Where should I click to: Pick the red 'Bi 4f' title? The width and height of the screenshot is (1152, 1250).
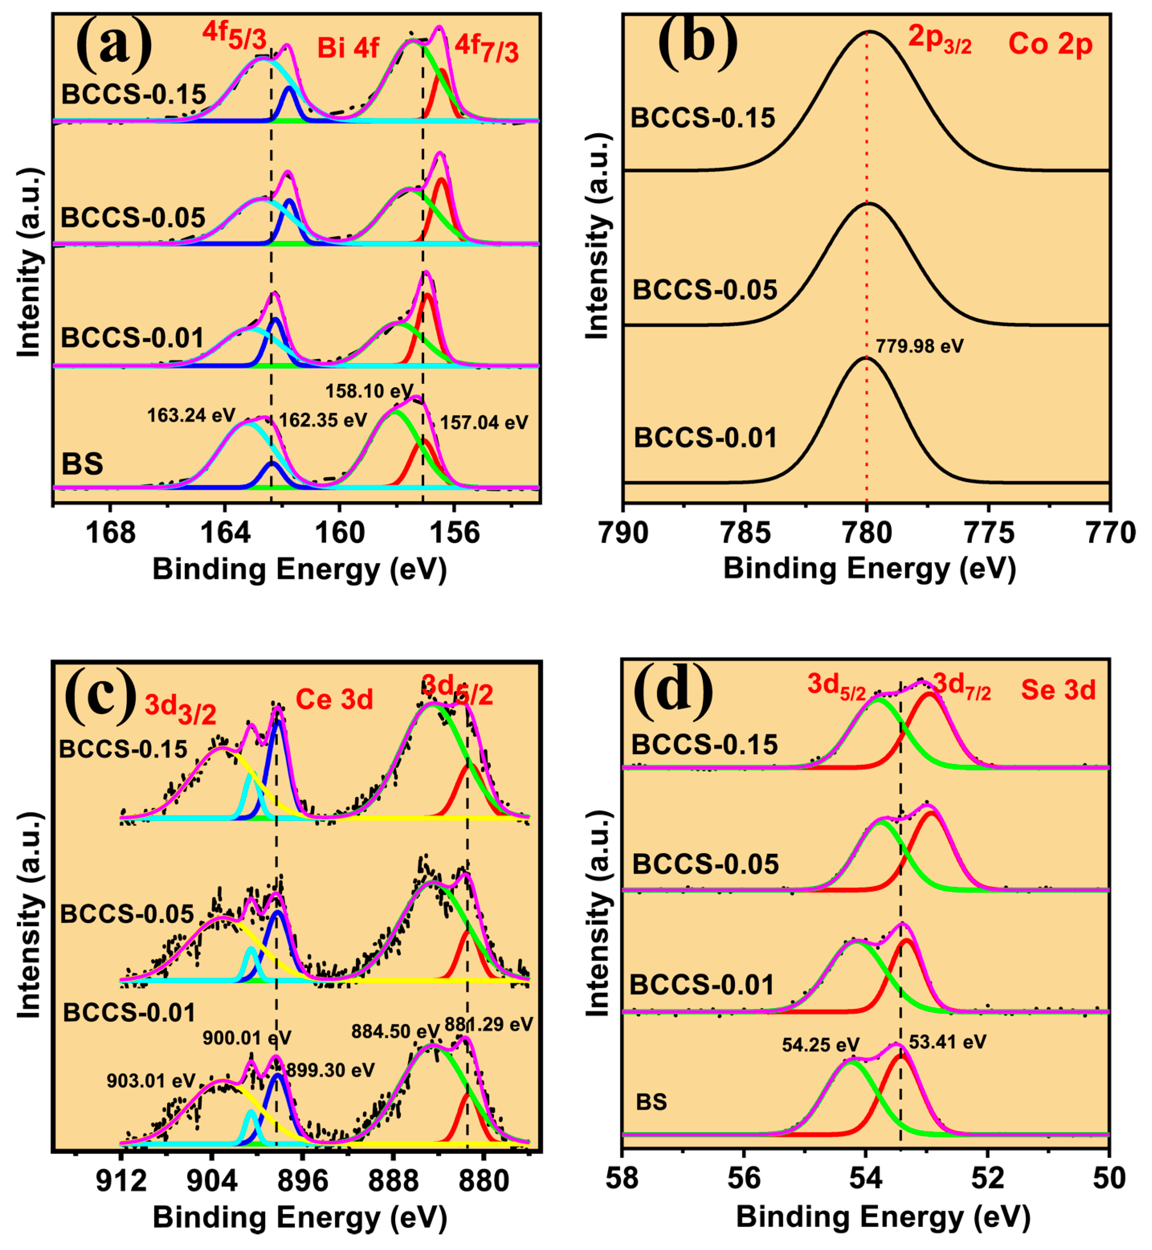tap(348, 48)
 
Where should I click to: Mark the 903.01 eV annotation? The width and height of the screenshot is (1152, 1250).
tap(151, 1080)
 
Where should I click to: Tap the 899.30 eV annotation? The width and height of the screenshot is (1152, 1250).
tap(330, 1070)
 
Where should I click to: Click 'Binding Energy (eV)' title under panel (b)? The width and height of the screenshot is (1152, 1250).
tap(870, 569)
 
